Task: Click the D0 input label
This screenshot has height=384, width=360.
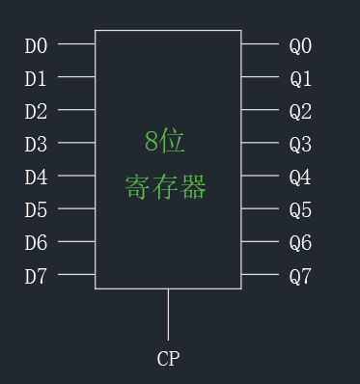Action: [x=36, y=44]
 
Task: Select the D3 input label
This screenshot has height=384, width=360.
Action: [x=36, y=144]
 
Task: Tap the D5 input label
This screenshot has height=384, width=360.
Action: [x=36, y=209]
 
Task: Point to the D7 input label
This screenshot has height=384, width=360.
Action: [x=36, y=277]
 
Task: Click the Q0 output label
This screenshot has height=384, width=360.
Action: [x=300, y=44]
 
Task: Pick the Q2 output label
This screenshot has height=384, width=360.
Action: [x=300, y=111]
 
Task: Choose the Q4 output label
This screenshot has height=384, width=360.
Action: [x=300, y=177]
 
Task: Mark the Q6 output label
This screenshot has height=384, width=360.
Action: [x=300, y=243]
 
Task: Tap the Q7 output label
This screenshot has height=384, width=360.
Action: [x=300, y=277]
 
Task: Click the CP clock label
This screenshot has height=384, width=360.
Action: [x=168, y=359]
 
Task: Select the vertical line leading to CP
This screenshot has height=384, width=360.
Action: [x=168, y=314]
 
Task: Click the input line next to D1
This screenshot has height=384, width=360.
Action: [x=76, y=76]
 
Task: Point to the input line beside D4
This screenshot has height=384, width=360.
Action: [x=76, y=176]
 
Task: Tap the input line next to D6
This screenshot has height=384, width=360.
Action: [x=76, y=241]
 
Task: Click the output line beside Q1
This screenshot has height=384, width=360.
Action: [x=260, y=76]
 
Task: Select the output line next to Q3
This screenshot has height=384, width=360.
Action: [x=260, y=143]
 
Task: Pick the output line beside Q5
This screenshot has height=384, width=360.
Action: [x=260, y=208]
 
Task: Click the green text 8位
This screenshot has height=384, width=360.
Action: [x=165, y=142]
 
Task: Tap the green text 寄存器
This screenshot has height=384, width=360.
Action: [x=165, y=186]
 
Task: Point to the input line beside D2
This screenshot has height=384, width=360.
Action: [x=76, y=109]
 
